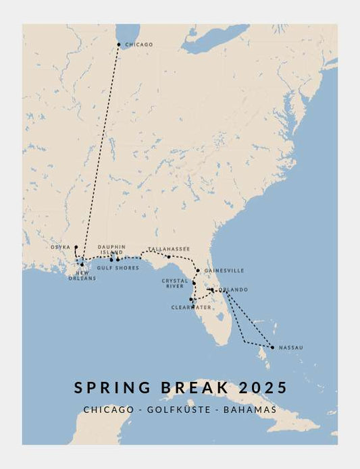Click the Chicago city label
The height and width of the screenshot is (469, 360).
(139, 45)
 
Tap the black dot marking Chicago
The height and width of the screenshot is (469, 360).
(119, 45)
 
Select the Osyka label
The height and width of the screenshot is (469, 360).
(60, 247)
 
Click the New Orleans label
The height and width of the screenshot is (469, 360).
(82, 275)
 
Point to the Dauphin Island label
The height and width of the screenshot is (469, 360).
(111, 250)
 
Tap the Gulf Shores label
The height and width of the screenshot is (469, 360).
(118, 268)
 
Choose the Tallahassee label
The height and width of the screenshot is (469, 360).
(169, 248)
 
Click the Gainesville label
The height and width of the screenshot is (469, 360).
(224, 271)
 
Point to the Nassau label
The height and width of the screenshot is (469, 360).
(290, 348)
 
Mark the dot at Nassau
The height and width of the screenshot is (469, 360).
(272, 348)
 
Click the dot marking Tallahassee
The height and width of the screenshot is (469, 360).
(169, 256)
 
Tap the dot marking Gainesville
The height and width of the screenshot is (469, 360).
(197, 271)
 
